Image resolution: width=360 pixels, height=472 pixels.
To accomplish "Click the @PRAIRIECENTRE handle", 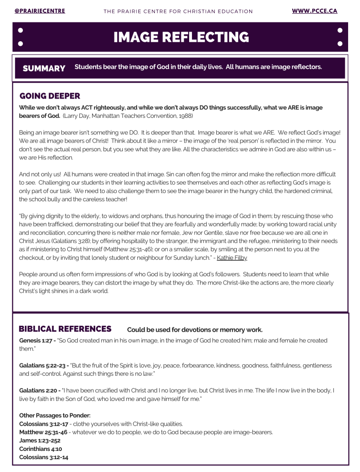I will [x=39, y=11].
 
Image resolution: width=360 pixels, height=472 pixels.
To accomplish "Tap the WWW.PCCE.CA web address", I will [x=314, y=11].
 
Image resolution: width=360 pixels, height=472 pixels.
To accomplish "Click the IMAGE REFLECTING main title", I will [x=181, y=37].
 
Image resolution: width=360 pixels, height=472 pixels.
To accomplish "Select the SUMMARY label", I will [x=44, y=68].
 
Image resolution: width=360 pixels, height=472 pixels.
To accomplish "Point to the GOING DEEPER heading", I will [x=50, y=96].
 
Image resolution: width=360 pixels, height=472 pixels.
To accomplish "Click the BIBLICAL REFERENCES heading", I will [x=65, y=329].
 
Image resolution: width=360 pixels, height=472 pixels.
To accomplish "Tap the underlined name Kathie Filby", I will [x=232, y=258].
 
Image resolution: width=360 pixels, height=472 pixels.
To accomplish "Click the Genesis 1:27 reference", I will [x=37, y=340].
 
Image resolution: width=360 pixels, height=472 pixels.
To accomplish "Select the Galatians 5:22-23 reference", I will [x=43, y=366].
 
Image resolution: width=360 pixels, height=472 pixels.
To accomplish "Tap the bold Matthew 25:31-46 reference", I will [x=43, y=432].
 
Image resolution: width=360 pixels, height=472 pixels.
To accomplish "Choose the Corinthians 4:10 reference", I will [x=40, y=449].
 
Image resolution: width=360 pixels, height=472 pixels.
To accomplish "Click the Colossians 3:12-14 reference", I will [x=44, y=457].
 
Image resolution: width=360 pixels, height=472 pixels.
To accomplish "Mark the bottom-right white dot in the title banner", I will [x=339, y=44].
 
